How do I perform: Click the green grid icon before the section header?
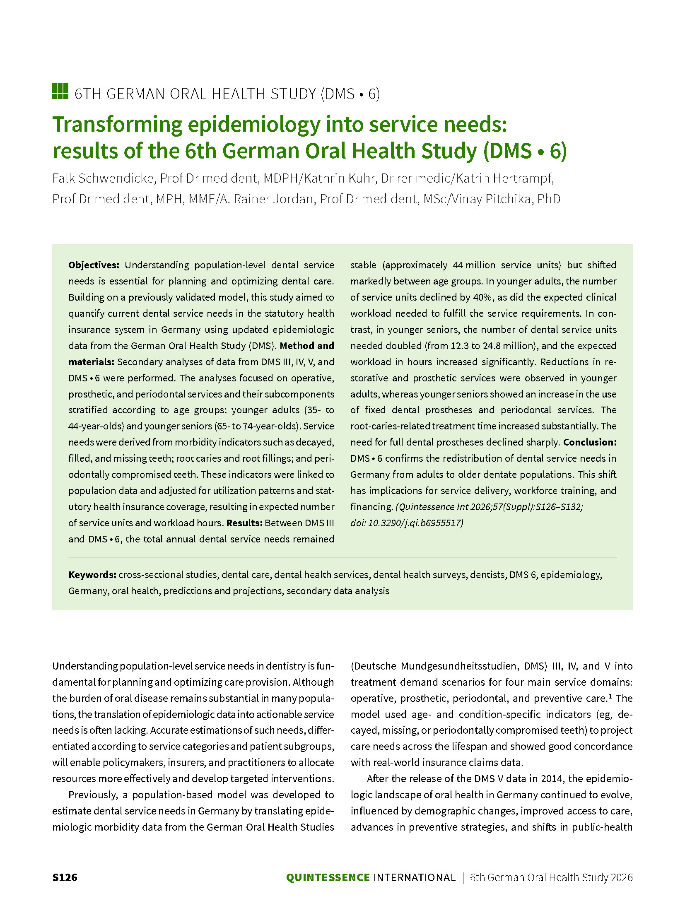[x=60, y=92]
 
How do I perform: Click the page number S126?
[x=65, y=877]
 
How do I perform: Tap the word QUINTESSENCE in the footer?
[x=328, y=877]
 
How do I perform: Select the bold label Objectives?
[x=94, y=265]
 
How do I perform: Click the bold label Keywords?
[x=92, y=575]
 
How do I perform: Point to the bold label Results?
[x=244, y=523]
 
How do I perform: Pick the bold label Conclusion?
[x=589, y=442]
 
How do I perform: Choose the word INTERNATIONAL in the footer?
[x=414, y=877]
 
